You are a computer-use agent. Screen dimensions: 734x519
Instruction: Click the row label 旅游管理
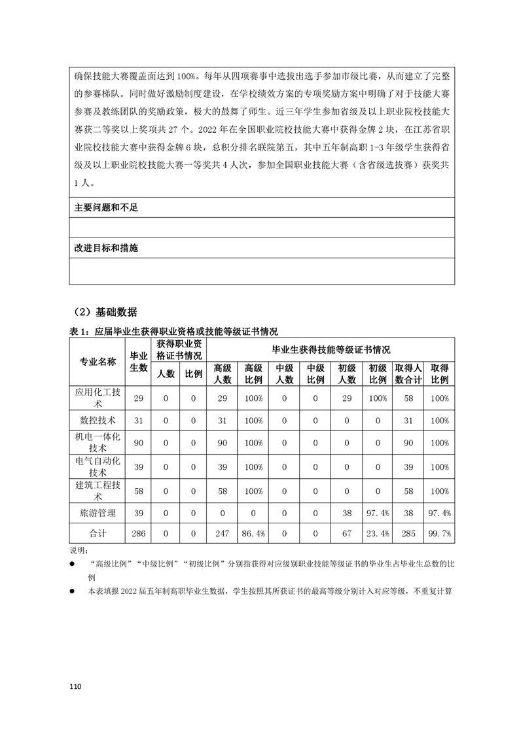pos(98,514)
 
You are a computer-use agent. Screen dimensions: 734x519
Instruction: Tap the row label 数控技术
pos(98,420)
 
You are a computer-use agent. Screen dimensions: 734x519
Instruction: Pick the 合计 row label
pos(98,534)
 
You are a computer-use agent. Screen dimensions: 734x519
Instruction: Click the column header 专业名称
pos(98,362)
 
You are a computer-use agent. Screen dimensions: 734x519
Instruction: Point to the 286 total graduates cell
pos(138,534)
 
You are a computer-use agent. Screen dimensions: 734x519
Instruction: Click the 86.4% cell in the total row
pos(253,534)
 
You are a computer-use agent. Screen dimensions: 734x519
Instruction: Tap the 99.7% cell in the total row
pos(439,534)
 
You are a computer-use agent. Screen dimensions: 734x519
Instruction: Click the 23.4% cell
pos(378,534)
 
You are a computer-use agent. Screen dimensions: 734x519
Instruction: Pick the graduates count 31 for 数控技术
pos(138,420)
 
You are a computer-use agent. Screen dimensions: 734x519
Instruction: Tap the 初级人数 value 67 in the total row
pos(346,534)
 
